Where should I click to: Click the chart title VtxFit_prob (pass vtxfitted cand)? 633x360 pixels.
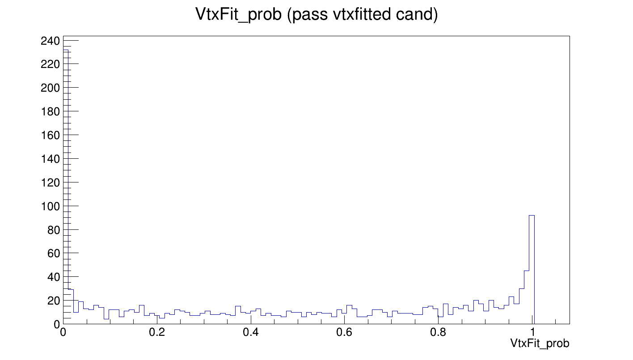[x=316, y=15]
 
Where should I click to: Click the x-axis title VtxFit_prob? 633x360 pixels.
[x=540, y=343]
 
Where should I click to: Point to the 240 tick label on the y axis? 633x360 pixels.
[x=50, y=41]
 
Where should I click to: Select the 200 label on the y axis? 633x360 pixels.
[x=50, y=88]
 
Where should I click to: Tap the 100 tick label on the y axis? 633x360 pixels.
[x=50, y=206]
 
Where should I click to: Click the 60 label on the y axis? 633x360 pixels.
[x=53, y=254]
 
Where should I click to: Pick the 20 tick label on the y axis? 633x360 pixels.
[x=53, y=301]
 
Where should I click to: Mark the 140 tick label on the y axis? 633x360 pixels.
[x=50, y=159]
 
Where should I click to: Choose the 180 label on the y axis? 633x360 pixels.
[x=50, y=111]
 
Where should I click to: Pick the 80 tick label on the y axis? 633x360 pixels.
[x=53, y=230]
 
